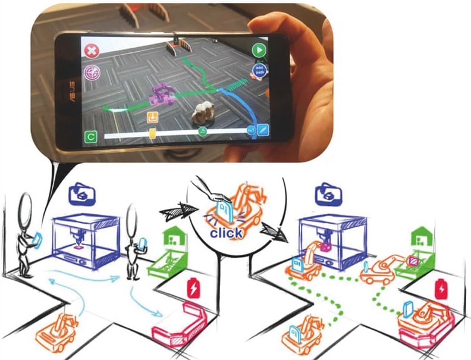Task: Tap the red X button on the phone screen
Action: pos(92,51)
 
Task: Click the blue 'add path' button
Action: pos(259,70)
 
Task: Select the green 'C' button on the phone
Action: pos(90,137)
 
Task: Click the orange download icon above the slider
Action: pos(152,117)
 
